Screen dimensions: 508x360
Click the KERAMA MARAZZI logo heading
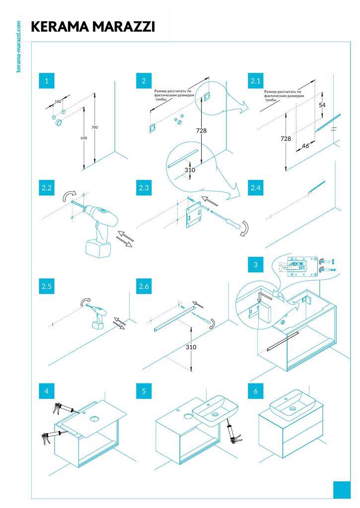[93, 27]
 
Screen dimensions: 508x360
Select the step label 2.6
[144, 286]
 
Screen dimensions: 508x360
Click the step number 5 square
[144, 391]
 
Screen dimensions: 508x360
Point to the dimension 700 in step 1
[94, 127]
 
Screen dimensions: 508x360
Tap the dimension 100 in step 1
[58, 102]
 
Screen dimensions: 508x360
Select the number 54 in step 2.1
[322, 105]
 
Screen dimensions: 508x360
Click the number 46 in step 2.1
[305, 146]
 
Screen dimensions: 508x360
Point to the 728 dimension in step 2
[201, 130]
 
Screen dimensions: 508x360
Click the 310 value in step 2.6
[191, 347]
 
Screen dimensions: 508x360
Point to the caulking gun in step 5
[231, 432]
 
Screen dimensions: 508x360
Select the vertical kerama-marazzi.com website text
[18, 47]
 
